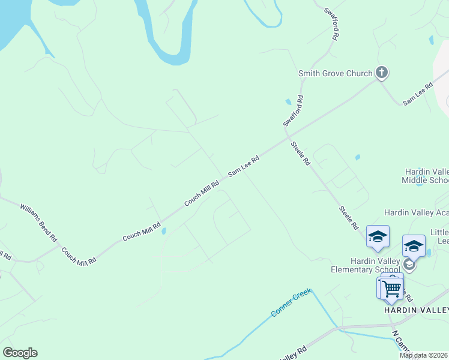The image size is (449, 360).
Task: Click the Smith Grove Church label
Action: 336,74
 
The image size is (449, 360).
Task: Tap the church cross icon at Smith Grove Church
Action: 381,73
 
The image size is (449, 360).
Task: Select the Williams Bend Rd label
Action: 38,223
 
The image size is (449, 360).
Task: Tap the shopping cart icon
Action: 391,289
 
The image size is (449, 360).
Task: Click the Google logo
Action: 20,353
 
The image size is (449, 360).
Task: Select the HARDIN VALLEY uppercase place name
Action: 416,310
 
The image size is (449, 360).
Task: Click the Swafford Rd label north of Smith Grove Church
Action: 332,23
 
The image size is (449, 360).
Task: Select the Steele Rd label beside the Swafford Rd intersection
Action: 300,153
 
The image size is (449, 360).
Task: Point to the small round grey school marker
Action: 409,265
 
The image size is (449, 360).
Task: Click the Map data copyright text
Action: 423,355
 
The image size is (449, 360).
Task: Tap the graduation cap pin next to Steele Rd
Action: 378,236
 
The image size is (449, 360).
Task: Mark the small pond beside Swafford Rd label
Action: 288,101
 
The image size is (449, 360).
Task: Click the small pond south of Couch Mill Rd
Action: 163,230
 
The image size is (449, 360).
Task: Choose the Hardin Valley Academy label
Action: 416,212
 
